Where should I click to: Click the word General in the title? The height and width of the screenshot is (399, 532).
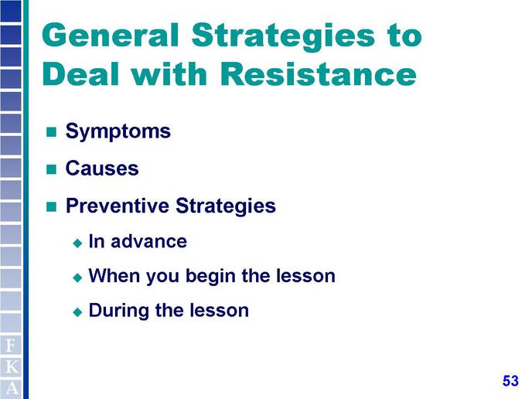[x=111, y=35]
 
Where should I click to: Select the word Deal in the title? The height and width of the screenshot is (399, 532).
[x=81, y=74]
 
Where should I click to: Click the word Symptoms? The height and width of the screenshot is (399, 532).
[x=118, y=131]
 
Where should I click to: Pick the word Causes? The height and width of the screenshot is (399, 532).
[x=102, y=169]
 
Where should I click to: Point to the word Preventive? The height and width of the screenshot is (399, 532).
[x=117, y=205]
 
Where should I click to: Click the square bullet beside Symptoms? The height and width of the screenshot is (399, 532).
[x=51, y=131]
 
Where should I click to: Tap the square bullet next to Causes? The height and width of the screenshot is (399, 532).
[x=51, y=169]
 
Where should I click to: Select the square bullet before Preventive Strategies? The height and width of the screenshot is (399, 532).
[x=51, y=206]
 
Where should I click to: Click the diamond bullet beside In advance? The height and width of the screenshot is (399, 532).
[x=77, y=243]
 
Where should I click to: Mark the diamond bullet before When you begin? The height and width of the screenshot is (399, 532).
[x=77, y=278]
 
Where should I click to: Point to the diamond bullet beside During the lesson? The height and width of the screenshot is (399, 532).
[x=77, y=312]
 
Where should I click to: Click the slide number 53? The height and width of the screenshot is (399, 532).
[x=510, y=380]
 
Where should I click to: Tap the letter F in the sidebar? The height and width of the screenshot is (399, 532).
[x=11, y=346]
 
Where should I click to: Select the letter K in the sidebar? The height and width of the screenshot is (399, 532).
[x=12, y=367]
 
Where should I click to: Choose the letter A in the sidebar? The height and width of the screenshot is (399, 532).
[x=12, y=388]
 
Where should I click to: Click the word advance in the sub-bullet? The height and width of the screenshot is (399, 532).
[x=148, y=241]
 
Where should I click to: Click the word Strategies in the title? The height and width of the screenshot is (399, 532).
[x=283, y=36]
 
